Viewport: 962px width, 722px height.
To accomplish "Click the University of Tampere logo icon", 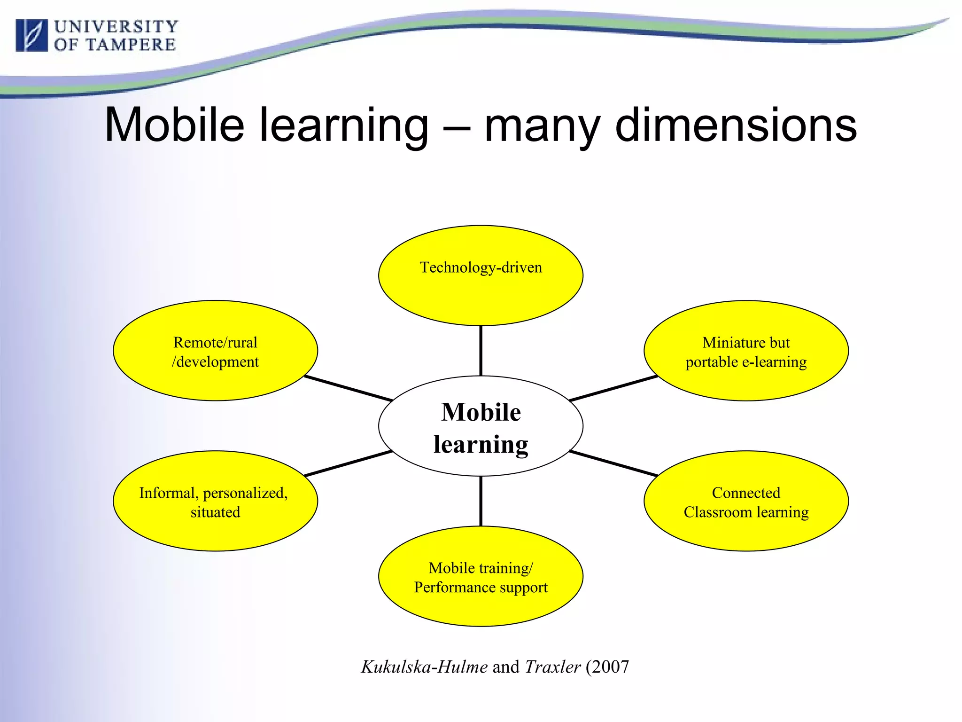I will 31,35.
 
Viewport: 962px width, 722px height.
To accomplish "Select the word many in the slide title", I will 542,126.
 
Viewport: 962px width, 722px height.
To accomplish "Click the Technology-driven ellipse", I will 481,287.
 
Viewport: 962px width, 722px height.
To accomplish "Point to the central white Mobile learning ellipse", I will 481,426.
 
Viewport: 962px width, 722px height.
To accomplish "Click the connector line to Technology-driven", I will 481,351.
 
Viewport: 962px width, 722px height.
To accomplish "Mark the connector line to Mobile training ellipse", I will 481,501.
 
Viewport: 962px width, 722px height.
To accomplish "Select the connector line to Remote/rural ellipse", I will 348,388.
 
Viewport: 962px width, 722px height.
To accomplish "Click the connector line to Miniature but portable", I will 613,388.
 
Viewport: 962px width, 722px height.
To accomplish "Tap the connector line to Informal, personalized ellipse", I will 348,463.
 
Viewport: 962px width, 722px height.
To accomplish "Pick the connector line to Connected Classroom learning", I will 613,463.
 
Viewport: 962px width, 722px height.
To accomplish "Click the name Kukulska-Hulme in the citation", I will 424,667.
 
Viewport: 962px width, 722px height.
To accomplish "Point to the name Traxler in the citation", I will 553,667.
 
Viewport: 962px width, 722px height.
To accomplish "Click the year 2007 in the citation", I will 610,667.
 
